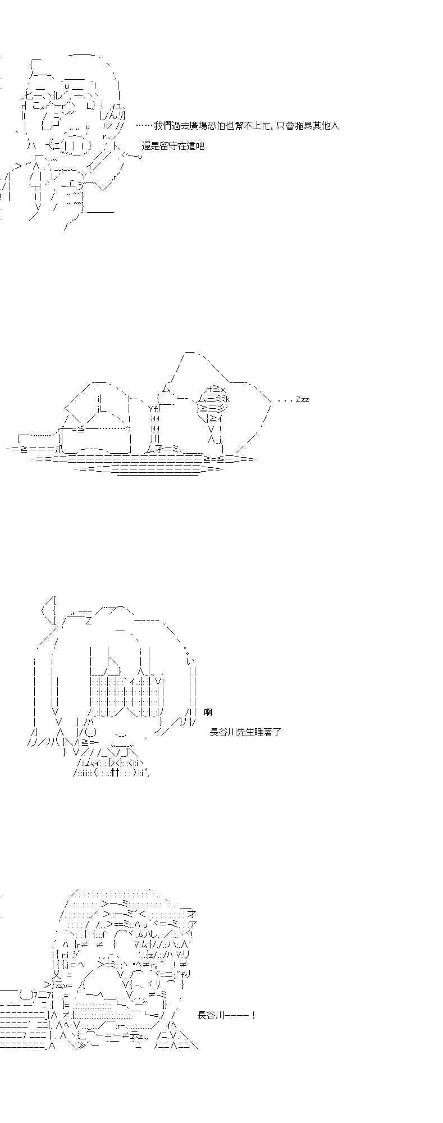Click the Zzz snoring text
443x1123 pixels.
click(x=302, y=399)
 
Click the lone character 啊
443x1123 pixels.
click(x=208, y=712)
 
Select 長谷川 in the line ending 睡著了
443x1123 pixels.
click(x=223, y=732)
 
